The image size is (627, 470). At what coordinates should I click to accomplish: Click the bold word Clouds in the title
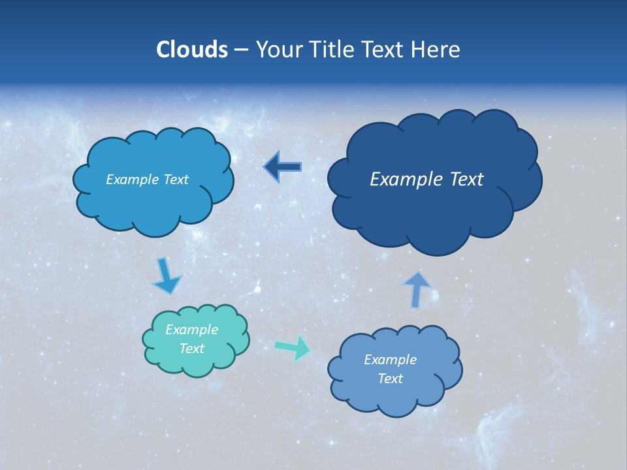click(191, 49)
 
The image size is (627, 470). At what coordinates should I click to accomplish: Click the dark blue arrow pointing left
click(283, 167)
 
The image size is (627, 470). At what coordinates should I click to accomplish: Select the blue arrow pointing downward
click(166, 277)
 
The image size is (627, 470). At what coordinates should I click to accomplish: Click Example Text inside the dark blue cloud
click(426, 180)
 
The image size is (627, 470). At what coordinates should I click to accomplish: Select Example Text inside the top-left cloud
click(147, 180)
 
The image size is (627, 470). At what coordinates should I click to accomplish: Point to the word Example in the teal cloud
click(191, 330)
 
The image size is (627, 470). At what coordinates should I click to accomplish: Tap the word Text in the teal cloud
click(192, 349)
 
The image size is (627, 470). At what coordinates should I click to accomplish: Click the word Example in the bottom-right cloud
click(390, 360)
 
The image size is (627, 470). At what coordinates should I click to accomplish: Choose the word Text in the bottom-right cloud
click(391, 379)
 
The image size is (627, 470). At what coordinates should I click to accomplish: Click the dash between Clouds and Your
click(241, 50)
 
